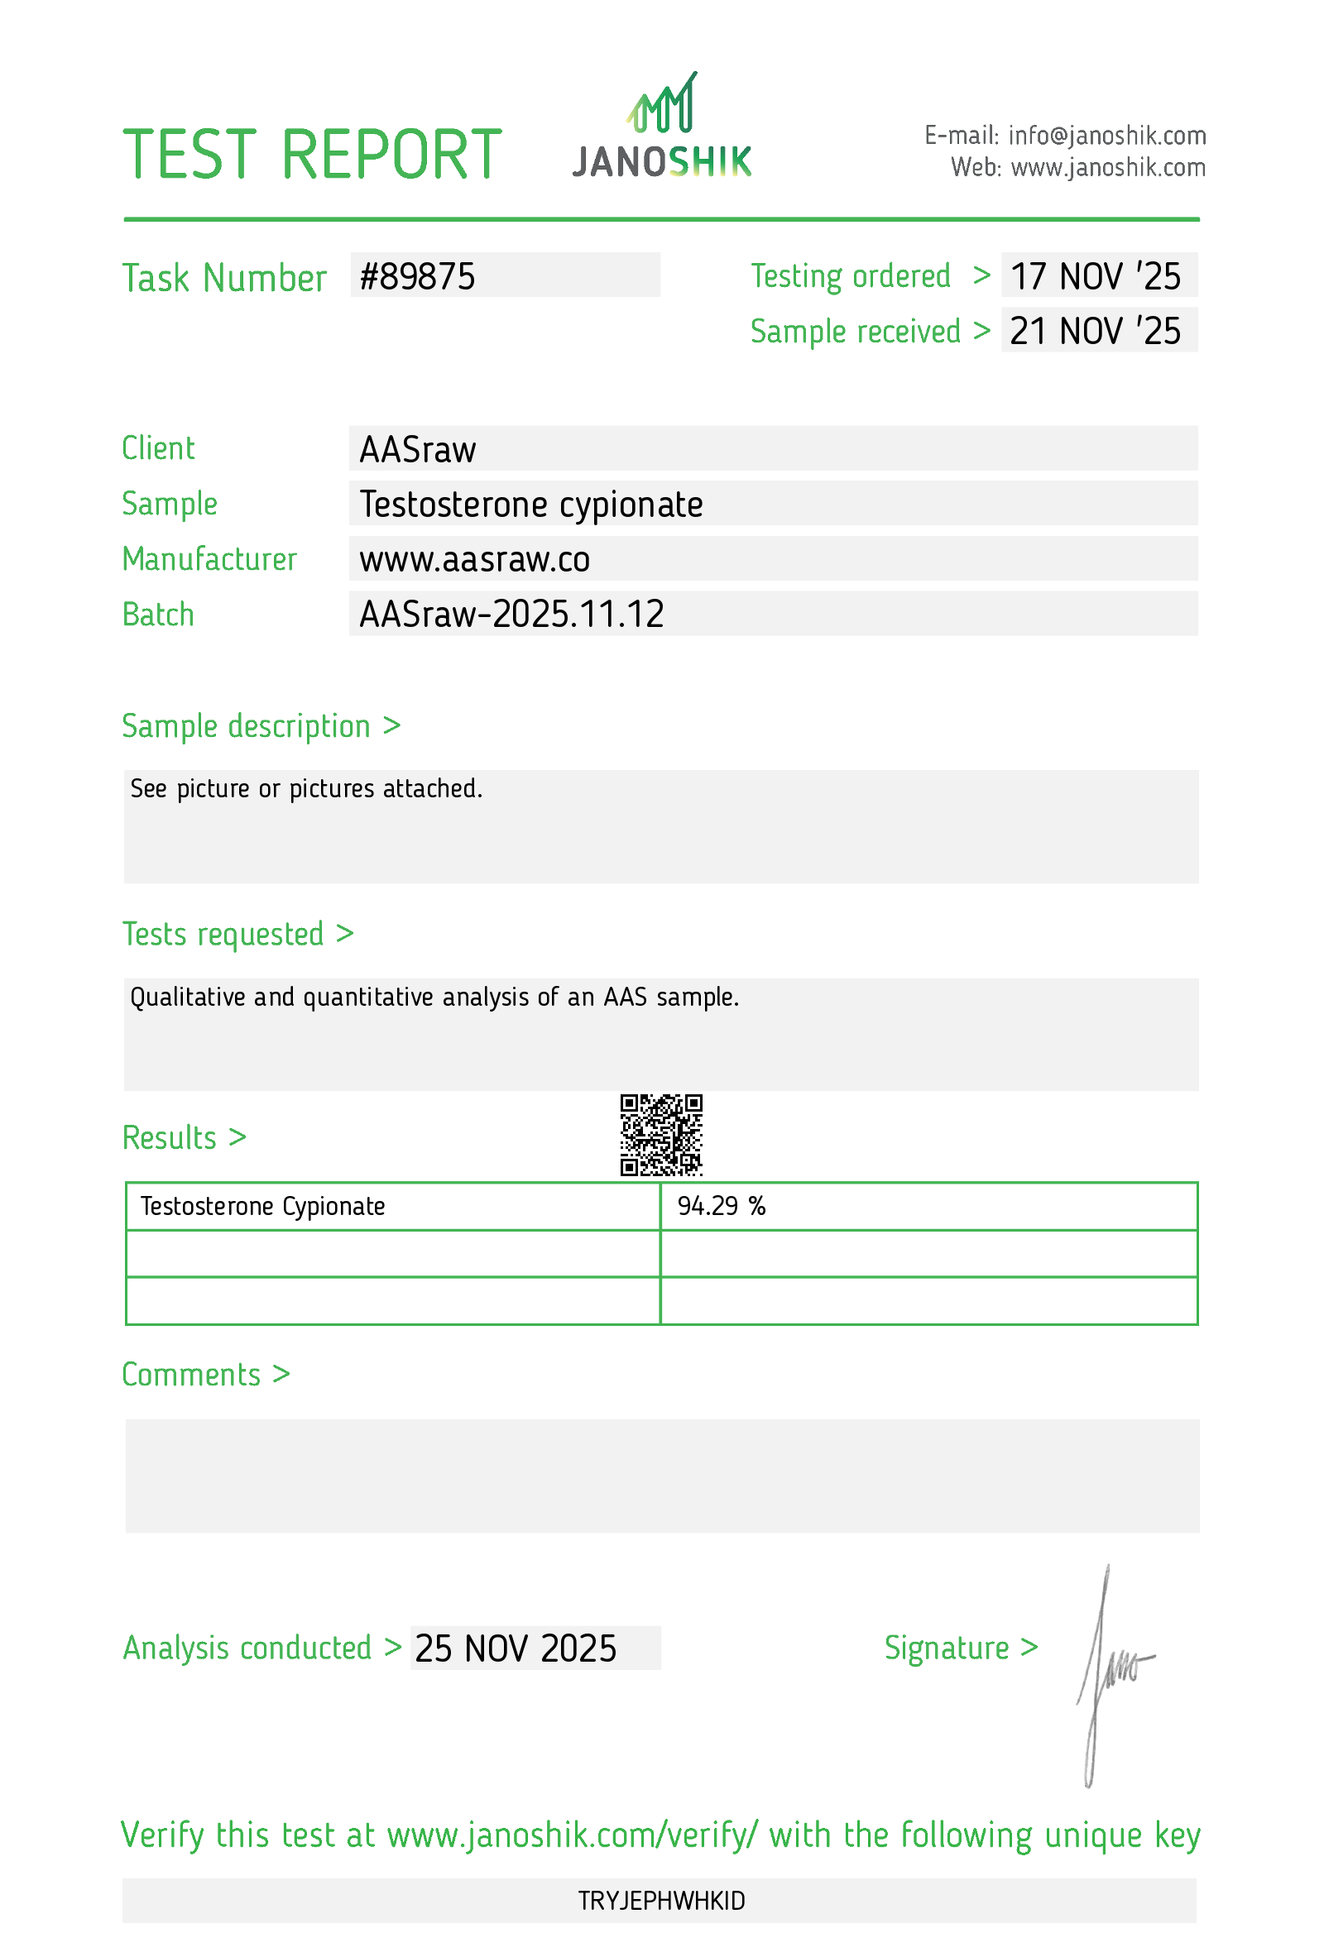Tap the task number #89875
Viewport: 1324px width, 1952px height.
tap(418, 277)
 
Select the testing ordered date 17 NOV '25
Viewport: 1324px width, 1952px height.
tap(1095, 277)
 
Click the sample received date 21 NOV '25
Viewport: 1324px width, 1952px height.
tap(1095, 332)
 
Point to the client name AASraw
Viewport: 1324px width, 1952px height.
tap(418, 450)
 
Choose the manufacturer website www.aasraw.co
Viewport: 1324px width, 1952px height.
tap(475, 560)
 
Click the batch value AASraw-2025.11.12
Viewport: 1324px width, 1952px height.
tap(511, 615)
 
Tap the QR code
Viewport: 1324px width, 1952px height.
tap(661, 1134)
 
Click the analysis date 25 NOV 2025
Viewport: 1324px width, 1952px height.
tap(516, 1648)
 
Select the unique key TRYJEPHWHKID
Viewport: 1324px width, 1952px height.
tap(661, 1901)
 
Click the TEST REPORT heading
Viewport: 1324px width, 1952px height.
tap(313, 155)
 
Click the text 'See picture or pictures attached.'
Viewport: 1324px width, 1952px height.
tap(307, 789)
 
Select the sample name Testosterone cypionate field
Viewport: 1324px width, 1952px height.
tap(531, 505)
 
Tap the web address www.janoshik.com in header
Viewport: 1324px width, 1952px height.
tap(1108, 168)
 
